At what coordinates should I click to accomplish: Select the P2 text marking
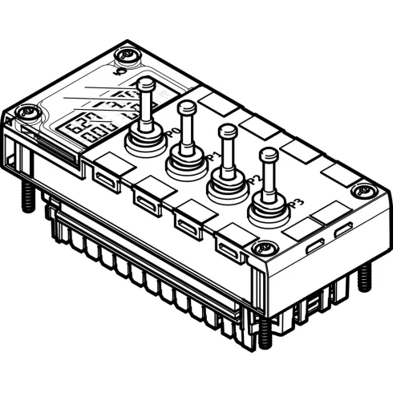click(253, 179)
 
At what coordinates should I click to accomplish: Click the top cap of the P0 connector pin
click(145, 83)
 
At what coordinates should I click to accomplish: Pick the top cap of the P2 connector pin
click(228, 129)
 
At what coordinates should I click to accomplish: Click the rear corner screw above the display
click(124, 56)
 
